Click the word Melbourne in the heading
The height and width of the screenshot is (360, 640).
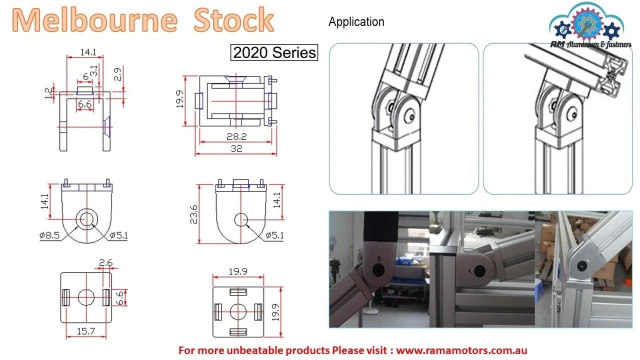94,20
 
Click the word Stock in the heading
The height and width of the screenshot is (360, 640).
233,19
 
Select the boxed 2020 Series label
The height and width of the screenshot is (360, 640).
274,52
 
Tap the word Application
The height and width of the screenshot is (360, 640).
356,21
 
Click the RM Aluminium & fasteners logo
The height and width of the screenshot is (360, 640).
590,25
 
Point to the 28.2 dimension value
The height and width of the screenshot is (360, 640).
236,136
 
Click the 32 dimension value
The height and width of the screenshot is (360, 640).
236,148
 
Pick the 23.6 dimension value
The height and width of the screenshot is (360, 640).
193,214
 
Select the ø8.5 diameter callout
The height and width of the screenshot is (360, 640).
49,235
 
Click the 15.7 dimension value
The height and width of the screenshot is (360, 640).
85,331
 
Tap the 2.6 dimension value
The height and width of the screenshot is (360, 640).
105,262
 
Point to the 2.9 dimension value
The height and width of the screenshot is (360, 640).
117,74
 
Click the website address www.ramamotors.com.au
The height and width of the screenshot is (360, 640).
461,350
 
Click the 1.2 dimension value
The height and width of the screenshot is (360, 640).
48,93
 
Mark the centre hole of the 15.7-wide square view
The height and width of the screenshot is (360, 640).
86,297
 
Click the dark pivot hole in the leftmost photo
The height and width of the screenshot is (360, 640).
378,269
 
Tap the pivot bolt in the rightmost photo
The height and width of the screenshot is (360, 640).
582,266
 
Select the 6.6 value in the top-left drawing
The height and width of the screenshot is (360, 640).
85,104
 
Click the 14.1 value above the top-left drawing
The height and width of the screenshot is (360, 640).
88,52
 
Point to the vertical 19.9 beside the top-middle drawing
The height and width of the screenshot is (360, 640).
179,99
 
